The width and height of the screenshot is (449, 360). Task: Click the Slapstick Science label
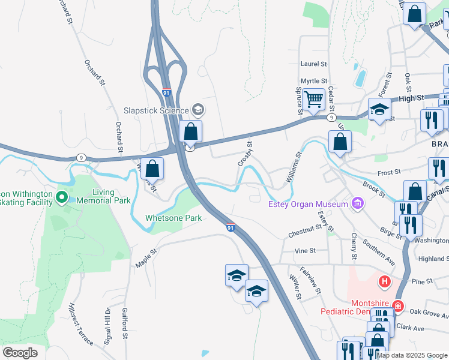click(155, 110)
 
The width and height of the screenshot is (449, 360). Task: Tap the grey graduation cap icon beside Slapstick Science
click(198, 110)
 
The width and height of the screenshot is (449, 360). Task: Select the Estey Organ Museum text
click(308, 205)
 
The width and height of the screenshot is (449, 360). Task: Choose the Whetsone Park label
click(173, 218)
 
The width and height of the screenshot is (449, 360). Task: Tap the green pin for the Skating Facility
click(61, 197)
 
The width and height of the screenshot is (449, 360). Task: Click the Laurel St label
click(313, 64)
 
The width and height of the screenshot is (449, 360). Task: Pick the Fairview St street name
click(310, 280)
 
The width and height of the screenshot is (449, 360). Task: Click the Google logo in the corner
click(20, 353)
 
